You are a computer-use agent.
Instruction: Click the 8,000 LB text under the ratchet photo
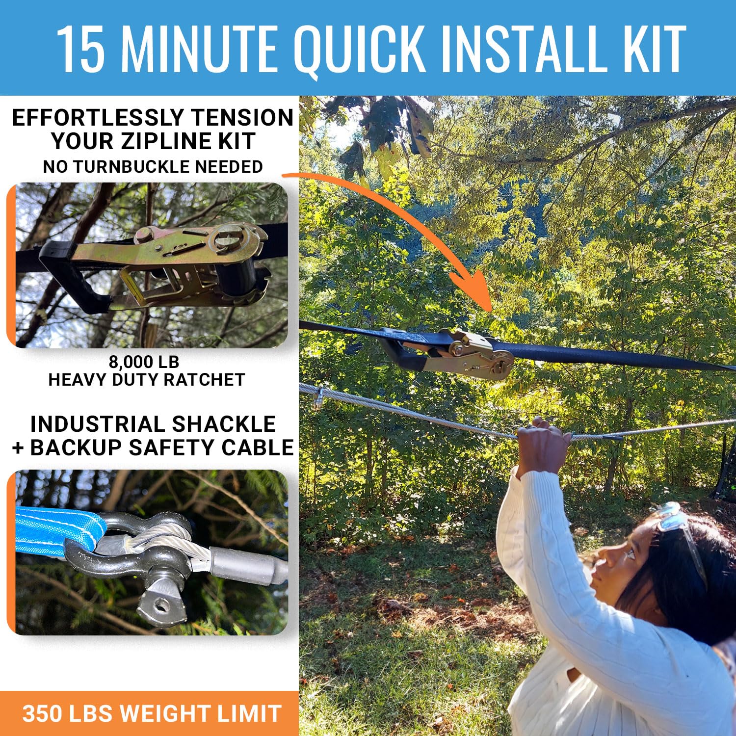coord(144,362)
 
